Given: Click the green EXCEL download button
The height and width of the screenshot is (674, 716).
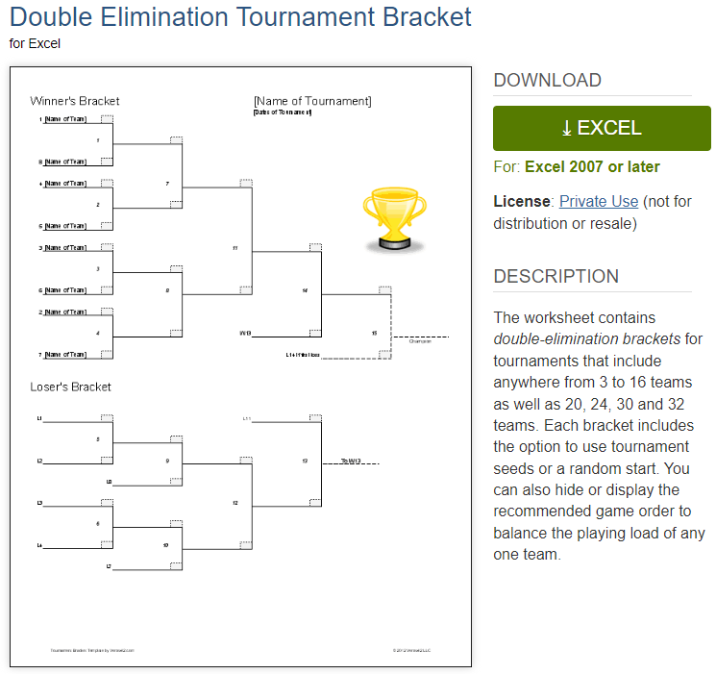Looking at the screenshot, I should pyautogui.click(x=602, y=129).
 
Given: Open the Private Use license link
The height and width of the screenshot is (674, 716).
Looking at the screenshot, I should pyautogui.click(x=598, y=201).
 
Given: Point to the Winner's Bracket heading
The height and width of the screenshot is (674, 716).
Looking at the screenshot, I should pyautogui.click(x=75, y=101).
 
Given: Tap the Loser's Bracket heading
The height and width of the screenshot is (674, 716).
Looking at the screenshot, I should pyautogui.click(x=70, y=387).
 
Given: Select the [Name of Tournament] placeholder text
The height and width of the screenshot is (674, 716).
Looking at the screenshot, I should pyautogui.click(x=312, y=101).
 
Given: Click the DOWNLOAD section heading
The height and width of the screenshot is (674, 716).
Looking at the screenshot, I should pyautogui.click(x=547, y=81).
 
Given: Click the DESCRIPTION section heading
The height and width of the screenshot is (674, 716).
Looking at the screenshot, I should pyautogui.click(x=556, y=277).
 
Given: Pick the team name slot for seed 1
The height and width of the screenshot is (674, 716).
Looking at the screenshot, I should pyautogui.click(x=65, y=119).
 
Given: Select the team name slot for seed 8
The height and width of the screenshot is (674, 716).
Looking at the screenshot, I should pyautogui.click(x=65, y=162).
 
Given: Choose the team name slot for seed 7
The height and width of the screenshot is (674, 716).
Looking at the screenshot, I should pyautogui.click(x=65, y=355).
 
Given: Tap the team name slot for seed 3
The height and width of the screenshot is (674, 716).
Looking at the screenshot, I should pyautogui.click(x=65, y=248).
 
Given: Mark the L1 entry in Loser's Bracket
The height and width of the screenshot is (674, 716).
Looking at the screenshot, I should pyautogui.click(x=40, y=419).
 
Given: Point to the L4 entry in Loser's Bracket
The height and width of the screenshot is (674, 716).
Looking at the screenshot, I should pyautogui.click(x=40, y=546).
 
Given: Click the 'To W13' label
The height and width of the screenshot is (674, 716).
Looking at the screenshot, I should pyautogui.click(x=350, y=462).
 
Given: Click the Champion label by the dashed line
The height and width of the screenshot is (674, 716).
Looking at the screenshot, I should pyautogui.click(x=419, y=341).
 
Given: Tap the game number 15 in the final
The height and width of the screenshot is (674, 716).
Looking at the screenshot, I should pyautogui.click(x=374, y=333).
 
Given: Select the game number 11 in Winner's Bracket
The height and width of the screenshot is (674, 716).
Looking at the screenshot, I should pyautogui.click(x=235, y=248).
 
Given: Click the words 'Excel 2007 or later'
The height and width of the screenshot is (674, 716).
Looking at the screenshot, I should pyautogui.click(x=592, y=167).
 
